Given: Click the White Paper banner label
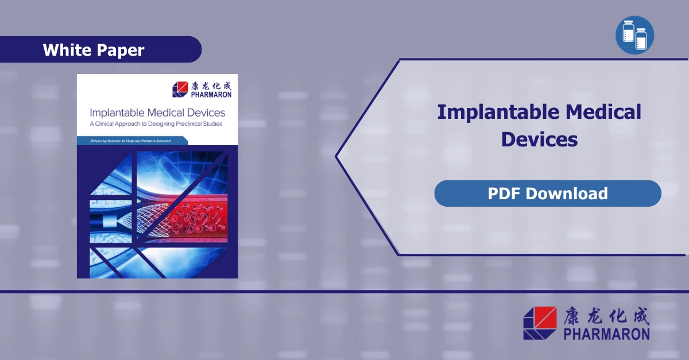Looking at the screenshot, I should pyautogui.click(x=94, y=50).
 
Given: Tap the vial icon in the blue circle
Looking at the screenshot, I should pyautogui.click(x=634, y=36).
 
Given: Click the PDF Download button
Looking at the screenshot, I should pyautogui.click(x=547, y=193).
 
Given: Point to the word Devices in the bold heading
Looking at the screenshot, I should pyautogui.click(x=539, y=139).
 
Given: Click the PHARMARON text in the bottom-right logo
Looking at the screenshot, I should pyautogui.click(x=607, y=334).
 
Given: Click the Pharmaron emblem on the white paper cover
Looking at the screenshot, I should pyautogui.click(x=180, y=90).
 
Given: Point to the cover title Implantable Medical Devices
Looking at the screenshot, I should pyautogui.click(x=157, y=113).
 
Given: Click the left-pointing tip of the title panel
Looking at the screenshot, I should pyautogui.click(x=338, y=156).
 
